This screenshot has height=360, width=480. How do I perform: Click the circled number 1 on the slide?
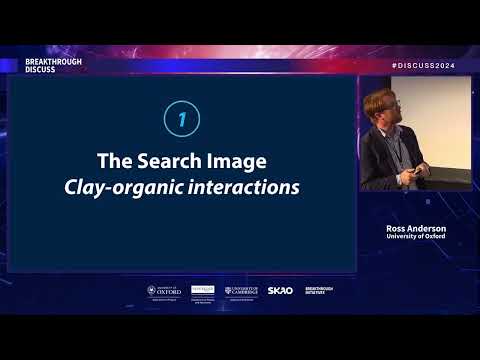(181, 120)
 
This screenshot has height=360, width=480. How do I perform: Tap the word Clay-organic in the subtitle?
(116, 186)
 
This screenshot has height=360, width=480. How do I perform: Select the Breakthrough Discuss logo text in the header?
(53, 64)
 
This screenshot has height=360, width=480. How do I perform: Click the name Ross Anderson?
(416, 228)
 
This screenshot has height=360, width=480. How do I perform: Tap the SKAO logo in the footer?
(280, 291)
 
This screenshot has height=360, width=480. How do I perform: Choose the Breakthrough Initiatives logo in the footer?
(317, 291)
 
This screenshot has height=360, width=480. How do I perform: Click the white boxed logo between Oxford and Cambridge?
(203, 291)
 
